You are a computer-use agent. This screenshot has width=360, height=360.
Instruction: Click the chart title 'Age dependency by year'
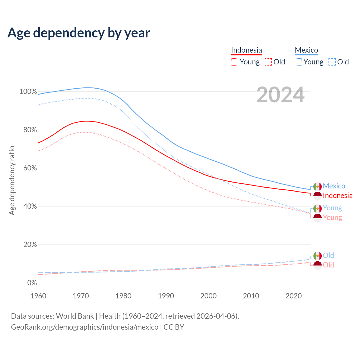(79, 33)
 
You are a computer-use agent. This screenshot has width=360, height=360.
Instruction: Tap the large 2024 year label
(280, 95)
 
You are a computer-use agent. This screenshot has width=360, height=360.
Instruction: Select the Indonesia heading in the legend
(246, 50)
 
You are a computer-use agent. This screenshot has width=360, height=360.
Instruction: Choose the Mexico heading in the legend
(306, 50)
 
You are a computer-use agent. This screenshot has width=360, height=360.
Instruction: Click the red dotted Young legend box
(235, 62)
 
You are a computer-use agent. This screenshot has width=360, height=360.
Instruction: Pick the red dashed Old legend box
(268, 62)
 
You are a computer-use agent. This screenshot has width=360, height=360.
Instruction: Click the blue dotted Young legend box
(298, 62)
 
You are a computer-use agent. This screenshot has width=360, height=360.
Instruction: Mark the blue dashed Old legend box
(332, 62)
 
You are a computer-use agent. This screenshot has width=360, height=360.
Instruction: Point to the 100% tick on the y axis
(28, 92)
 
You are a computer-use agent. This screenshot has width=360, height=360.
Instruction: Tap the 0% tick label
(32, 283)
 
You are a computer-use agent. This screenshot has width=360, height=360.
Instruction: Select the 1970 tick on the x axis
(81, 296)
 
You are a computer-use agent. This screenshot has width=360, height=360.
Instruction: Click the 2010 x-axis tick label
(251, 296)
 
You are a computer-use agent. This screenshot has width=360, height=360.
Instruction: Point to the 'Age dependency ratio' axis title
(12, 180)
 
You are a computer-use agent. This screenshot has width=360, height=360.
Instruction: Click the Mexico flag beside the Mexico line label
(318, 186)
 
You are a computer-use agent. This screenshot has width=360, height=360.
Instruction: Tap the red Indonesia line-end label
(337, 195)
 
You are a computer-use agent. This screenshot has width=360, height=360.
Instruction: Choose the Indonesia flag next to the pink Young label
(318, 218)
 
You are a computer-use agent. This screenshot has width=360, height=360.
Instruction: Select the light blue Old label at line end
(328, 255)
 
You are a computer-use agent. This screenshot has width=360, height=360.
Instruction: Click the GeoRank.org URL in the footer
(85, 327)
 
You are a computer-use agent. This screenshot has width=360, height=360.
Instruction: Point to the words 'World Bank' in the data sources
(75, 316)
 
